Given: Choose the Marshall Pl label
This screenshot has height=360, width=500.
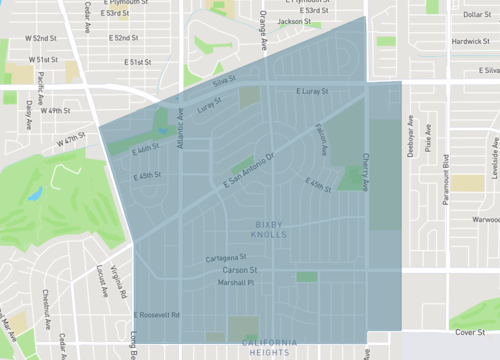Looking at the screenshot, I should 237,283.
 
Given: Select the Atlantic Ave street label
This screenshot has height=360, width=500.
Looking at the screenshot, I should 181,129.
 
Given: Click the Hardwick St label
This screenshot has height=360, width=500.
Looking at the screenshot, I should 468,42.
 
